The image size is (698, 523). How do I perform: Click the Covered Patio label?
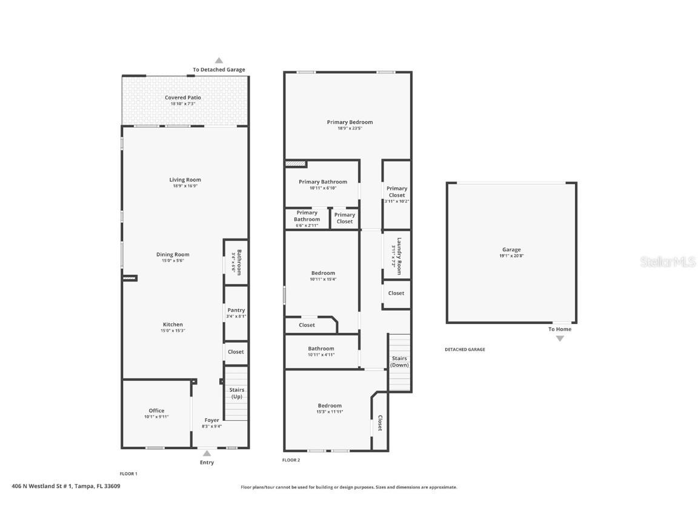tap(183, 97)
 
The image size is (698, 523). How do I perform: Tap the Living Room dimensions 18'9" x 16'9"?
tap(185, 186)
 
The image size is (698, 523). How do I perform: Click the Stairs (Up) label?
tap(236, 393)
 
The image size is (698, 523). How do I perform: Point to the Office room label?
tap(156, 410)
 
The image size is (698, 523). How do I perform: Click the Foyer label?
tap(211, 420)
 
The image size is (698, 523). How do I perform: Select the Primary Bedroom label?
tap(350, 122)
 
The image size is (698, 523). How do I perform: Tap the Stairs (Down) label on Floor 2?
tap(399, 362)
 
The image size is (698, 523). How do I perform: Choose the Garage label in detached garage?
tap(511, 249)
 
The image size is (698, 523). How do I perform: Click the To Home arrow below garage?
tap(560, 338)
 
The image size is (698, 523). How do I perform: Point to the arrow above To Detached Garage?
tap(219, 61)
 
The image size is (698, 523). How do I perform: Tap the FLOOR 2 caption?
tap(291, 460)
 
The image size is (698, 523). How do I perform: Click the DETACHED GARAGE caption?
tap(465, 349)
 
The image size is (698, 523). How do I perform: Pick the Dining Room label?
tap(173, 255)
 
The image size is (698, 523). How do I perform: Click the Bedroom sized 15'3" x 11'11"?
tap(330, 409)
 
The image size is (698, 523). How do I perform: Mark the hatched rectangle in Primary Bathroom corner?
tap(295, 163)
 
